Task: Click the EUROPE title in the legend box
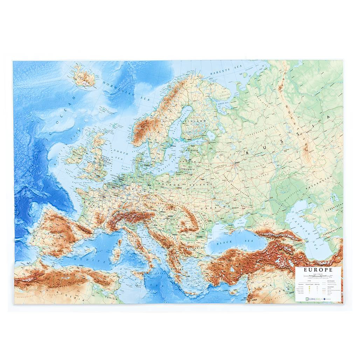coord(318,270)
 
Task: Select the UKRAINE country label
coord(214,207)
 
